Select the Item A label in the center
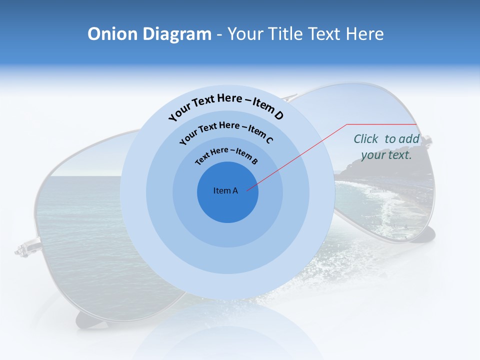(x=225, y=190)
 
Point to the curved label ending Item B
(x=226, y=154)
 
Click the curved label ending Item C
(x=226, y=131)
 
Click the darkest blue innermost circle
(x=227, y=205)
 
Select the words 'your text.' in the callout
(x=386, y=155)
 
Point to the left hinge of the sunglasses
(x=22, y=248)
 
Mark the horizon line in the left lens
(x=85, y=175)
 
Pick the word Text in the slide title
(x=323, y=34)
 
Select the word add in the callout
(x=409, y=139)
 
